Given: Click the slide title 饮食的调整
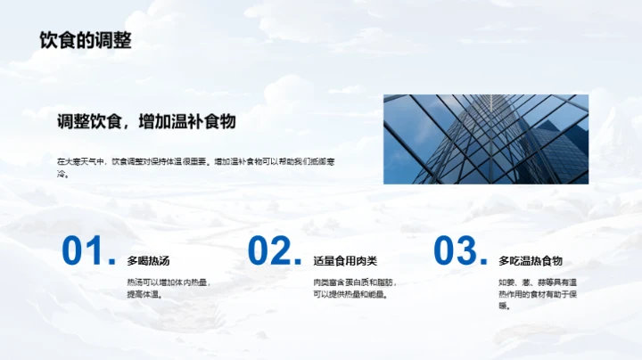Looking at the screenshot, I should coord(86,40).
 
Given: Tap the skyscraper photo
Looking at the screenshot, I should coord(486,139).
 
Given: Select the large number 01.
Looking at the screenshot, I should coord(87,252).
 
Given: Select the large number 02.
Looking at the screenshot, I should coord(274,252).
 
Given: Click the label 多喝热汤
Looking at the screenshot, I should coord(148,261).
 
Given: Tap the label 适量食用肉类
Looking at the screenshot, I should coord(345,261).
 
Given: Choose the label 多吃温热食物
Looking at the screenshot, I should coord(531,261).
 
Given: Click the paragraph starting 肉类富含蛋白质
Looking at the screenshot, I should coord(355,289).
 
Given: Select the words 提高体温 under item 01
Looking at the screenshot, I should coord(143,295).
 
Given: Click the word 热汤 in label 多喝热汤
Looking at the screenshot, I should coord(159,261).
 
